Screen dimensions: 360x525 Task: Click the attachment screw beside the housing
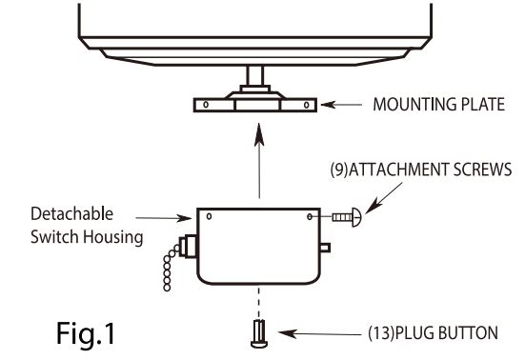coord(348,219)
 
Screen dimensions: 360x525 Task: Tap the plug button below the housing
coord(257,334)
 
